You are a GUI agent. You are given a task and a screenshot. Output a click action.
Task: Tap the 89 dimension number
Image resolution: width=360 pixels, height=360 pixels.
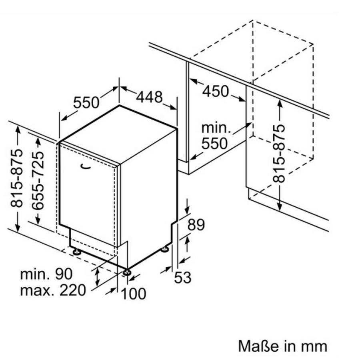196,225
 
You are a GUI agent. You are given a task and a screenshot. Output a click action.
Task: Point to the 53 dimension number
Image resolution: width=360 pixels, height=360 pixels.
183,277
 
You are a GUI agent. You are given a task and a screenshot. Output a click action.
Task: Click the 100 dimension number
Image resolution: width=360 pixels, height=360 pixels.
133,294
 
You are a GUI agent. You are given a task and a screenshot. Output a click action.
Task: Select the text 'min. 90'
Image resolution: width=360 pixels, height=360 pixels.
46,274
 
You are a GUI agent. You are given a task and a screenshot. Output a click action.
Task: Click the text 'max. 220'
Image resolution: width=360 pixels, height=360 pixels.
53,290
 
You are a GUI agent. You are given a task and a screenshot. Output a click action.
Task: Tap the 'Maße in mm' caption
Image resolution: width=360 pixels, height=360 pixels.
282,346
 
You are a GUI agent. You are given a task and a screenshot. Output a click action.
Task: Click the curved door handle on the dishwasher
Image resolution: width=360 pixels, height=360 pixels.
86,166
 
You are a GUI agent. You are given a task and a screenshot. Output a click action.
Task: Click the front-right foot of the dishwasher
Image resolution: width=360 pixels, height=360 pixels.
127,272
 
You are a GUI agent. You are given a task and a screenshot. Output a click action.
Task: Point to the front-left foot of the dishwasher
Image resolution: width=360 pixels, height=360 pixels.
76,252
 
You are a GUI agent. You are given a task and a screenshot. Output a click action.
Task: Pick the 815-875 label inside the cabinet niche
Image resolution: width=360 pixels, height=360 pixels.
280,154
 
